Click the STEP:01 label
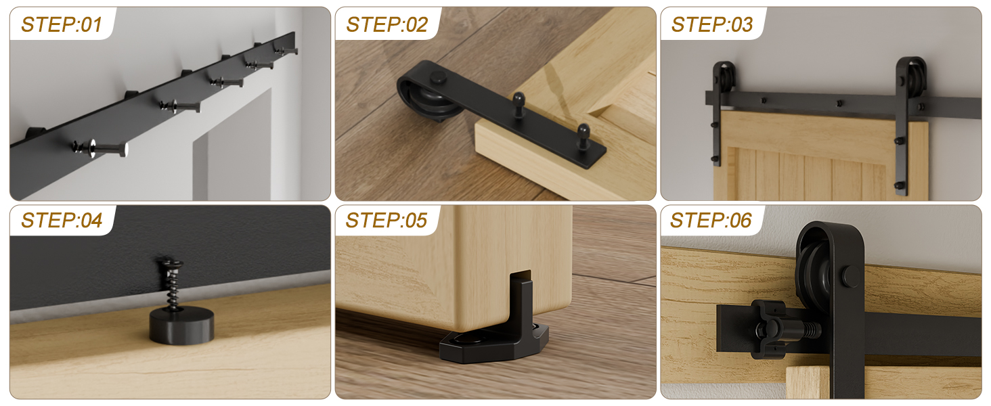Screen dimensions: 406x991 click(x=62, y=25)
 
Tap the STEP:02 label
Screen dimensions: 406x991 click(x=387, y=25)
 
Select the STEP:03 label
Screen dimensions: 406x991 click(x=711, y=25)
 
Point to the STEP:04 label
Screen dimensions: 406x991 click(x=62, y=221)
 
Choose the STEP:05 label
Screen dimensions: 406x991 click(x=387, y=221)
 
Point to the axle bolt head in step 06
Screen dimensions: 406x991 click(x=851, y=276)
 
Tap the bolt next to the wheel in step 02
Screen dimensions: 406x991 click(x=519, y=101)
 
